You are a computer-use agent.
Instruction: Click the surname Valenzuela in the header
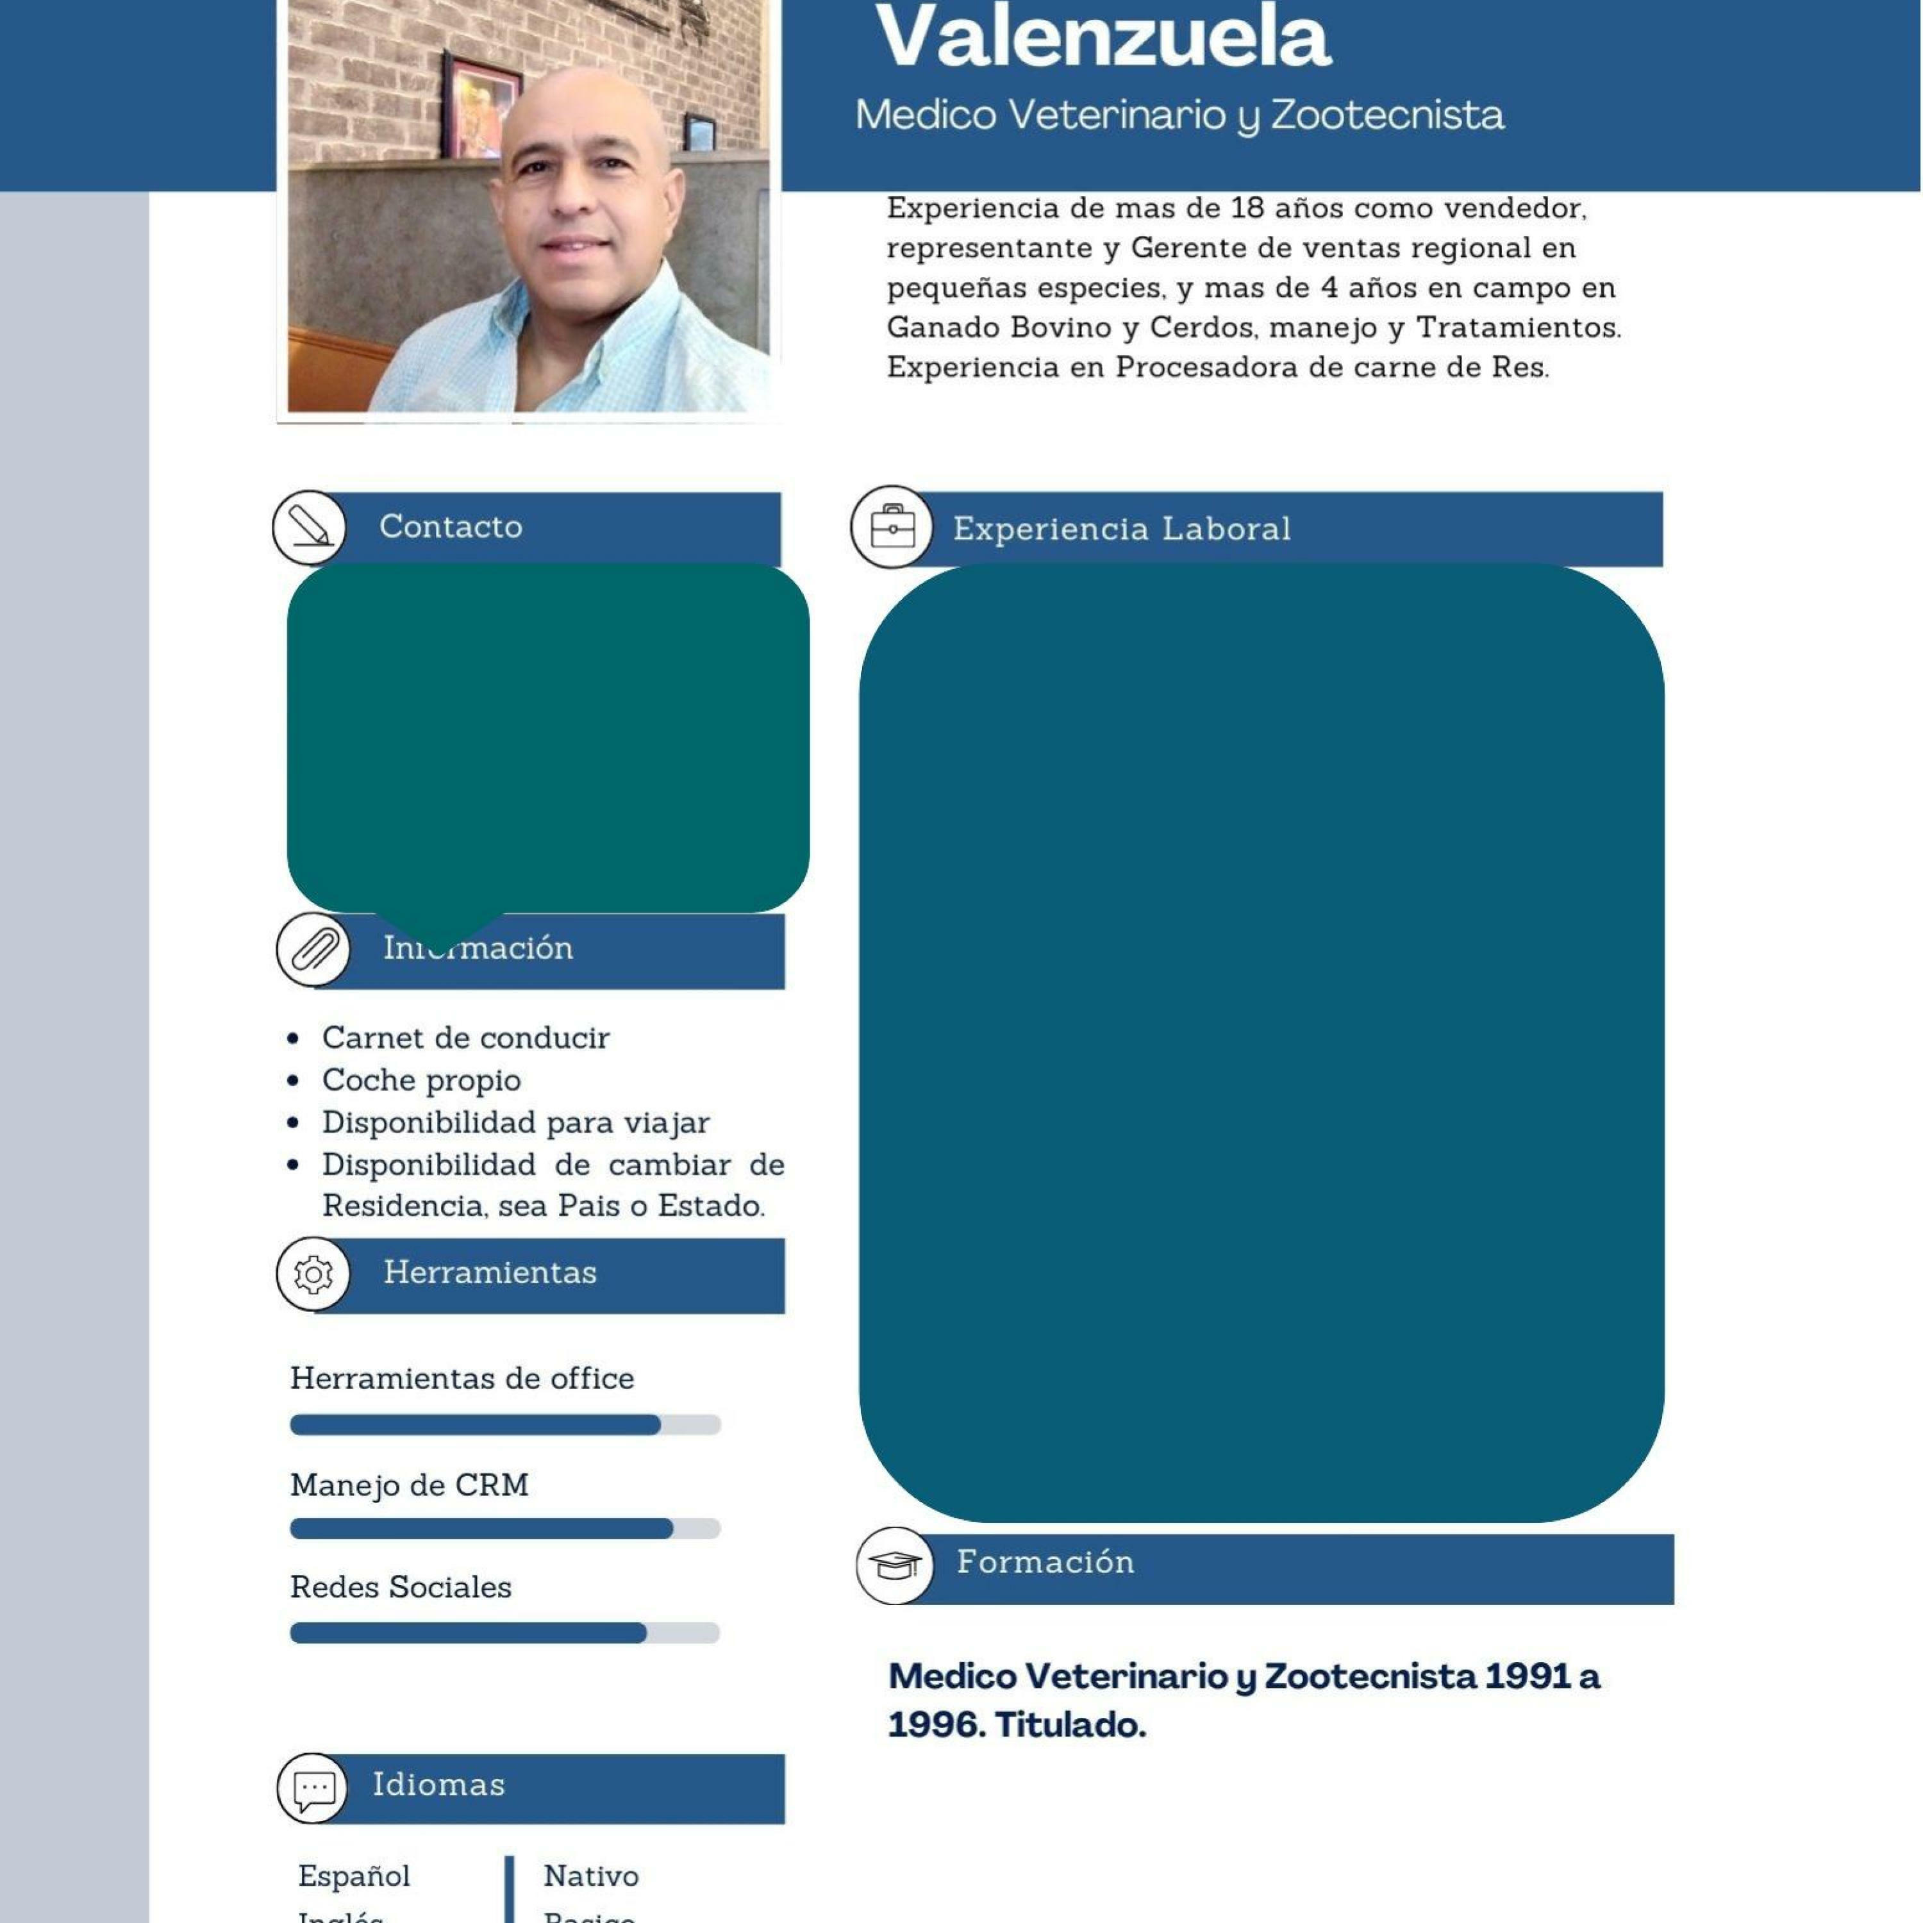1103,38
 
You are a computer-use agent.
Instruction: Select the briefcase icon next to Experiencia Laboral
892,528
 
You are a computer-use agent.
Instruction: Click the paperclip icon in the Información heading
313,949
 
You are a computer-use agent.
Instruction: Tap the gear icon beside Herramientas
313,1275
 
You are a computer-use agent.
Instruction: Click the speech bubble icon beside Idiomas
313,1788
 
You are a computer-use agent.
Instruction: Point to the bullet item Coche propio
421,1081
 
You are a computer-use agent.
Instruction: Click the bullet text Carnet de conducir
465,1038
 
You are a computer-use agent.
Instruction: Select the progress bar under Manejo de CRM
504,1529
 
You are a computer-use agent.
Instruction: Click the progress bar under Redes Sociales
504,1633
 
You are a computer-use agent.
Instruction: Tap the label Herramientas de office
462,1379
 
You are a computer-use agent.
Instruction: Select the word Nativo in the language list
591,1876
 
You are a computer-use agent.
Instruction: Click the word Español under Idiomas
354,1876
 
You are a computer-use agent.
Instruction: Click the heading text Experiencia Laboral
1122,529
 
